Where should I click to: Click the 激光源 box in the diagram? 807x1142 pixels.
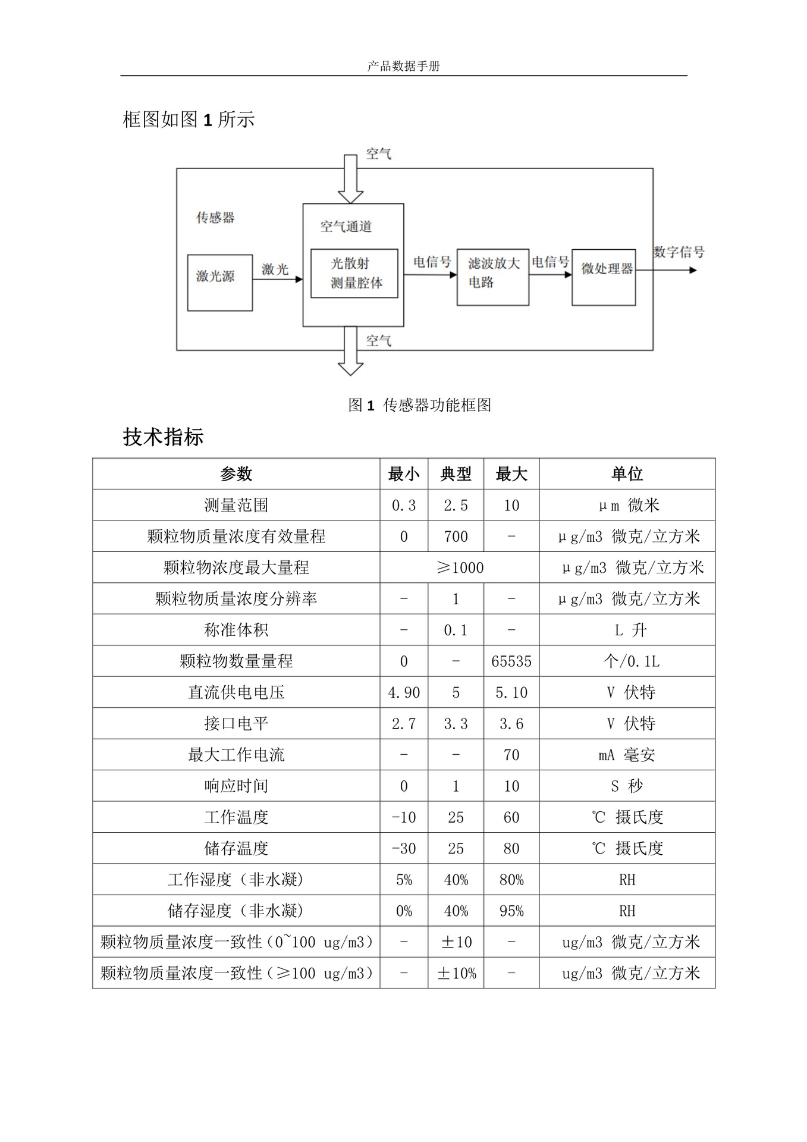click(219, 283)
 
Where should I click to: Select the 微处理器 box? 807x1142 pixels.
click(604, 277)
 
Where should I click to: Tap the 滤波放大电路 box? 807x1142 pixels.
click(492, 277)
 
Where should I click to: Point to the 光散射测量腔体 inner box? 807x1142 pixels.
click(354, 274)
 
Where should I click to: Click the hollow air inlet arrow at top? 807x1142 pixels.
click(350, 179)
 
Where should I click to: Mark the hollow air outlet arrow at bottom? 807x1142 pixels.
click(350, 352)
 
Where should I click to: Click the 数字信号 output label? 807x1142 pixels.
click(679, 252)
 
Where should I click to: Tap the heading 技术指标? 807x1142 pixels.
click(164, 437)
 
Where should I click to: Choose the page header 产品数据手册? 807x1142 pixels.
click(403, 67)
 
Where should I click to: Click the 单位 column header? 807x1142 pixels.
click(627, 474)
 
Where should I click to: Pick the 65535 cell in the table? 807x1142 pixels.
click(511, 661)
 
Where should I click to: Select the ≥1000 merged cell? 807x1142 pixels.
click(460, 568)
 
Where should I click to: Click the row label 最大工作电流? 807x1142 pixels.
click(236, 755)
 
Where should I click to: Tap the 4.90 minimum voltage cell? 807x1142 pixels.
click(404, 693)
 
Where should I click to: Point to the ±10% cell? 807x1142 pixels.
click(456, 974)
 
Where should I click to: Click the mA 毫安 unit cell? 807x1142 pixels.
click(627, 755)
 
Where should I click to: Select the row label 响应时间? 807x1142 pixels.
click(236, 786)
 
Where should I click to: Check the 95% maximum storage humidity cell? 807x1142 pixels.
click(511, 911)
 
